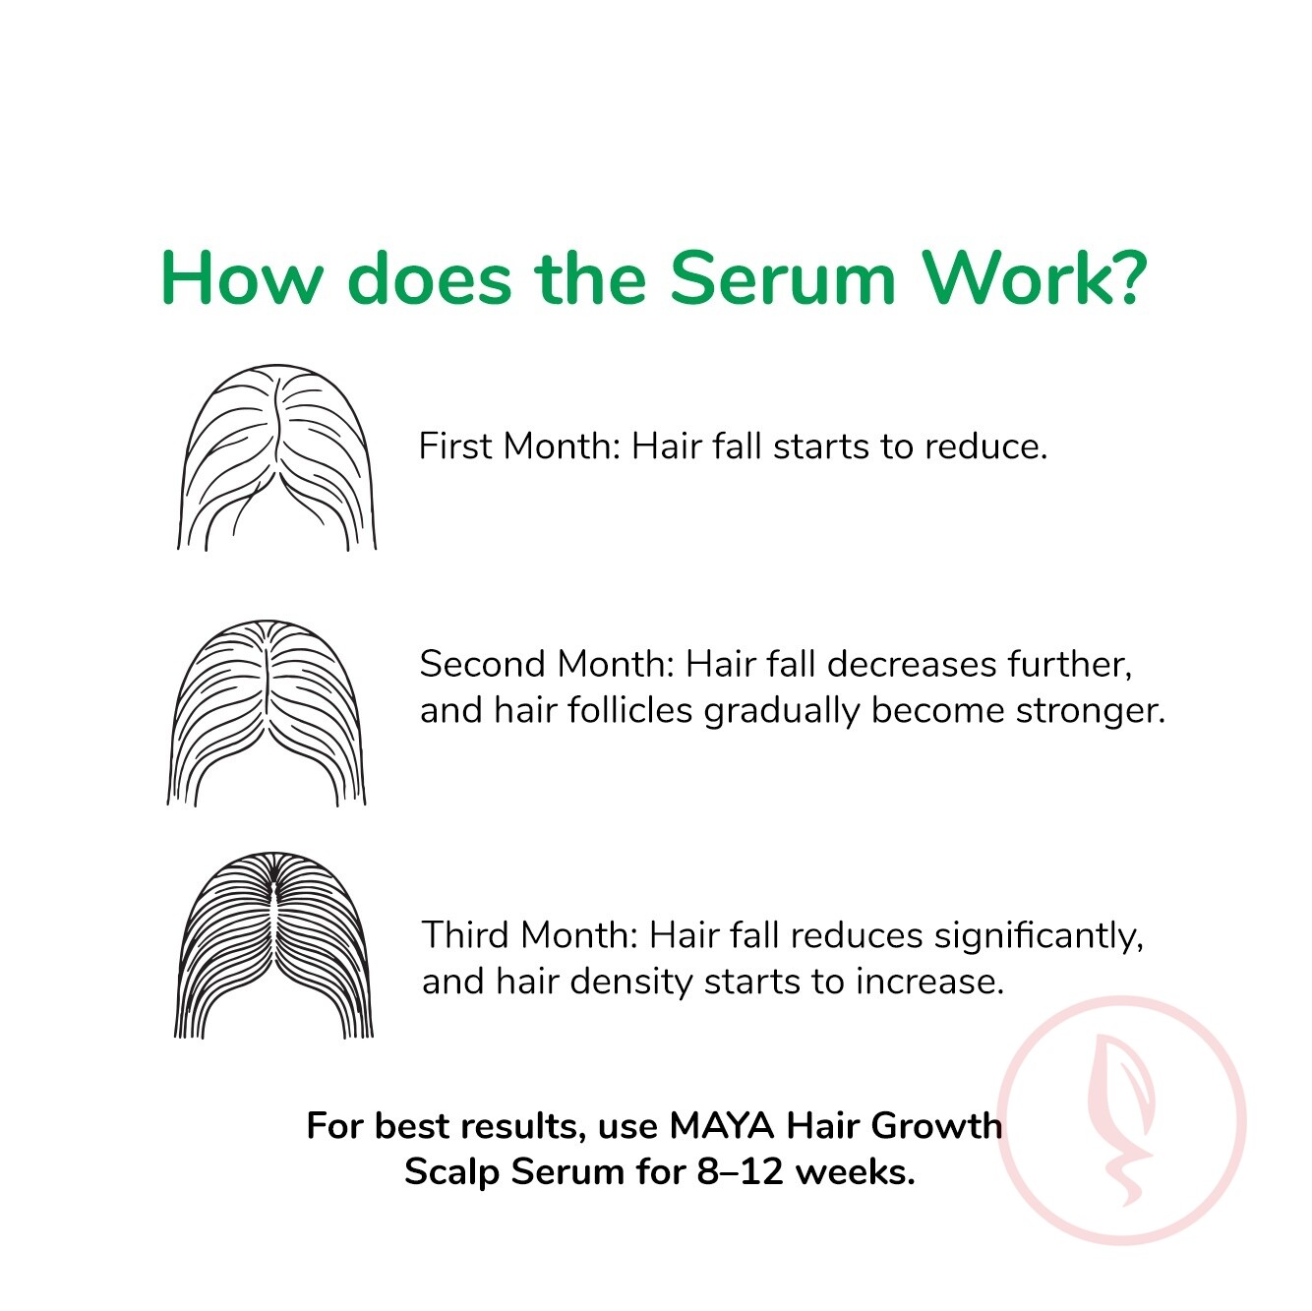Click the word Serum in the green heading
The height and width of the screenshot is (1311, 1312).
click(782, 278)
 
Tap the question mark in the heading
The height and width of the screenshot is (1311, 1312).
click(1126, 278)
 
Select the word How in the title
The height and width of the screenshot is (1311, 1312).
click(240, 279)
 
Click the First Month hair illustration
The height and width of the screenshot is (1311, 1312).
click(276, 457)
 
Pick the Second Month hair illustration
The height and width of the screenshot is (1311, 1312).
click(267, 713)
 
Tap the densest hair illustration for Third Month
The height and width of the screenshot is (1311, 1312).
click(273, 945)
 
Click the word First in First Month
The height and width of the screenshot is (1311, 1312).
click(455, 447)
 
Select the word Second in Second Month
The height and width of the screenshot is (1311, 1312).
click(484, 664)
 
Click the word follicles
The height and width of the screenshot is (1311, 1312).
click(629, 710)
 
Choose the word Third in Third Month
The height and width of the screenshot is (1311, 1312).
click(466, 935)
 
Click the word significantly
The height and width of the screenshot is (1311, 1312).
click(1039, 936)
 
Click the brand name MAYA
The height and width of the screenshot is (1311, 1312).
click(722, 1126)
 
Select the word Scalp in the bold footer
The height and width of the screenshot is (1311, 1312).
click(452, 1172)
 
